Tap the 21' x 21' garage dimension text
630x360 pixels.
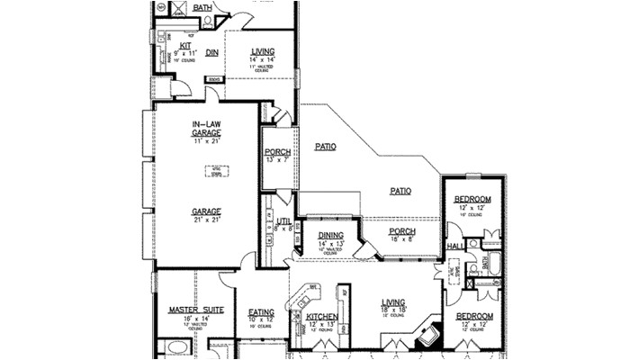click(x=206, y=220)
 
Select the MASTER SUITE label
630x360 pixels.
click(x=195, y=310)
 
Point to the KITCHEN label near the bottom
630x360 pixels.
click(x=321, y=318)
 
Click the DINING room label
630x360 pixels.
click(x=331, y=236)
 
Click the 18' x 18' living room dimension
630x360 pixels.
click(x=392, y=309)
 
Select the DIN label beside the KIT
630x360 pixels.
click(x=212, y=53)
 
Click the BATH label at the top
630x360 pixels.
click(x=203, y=7)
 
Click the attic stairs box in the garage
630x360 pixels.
click(x=216, y=171)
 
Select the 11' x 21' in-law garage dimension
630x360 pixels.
click(x=206, y=140)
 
